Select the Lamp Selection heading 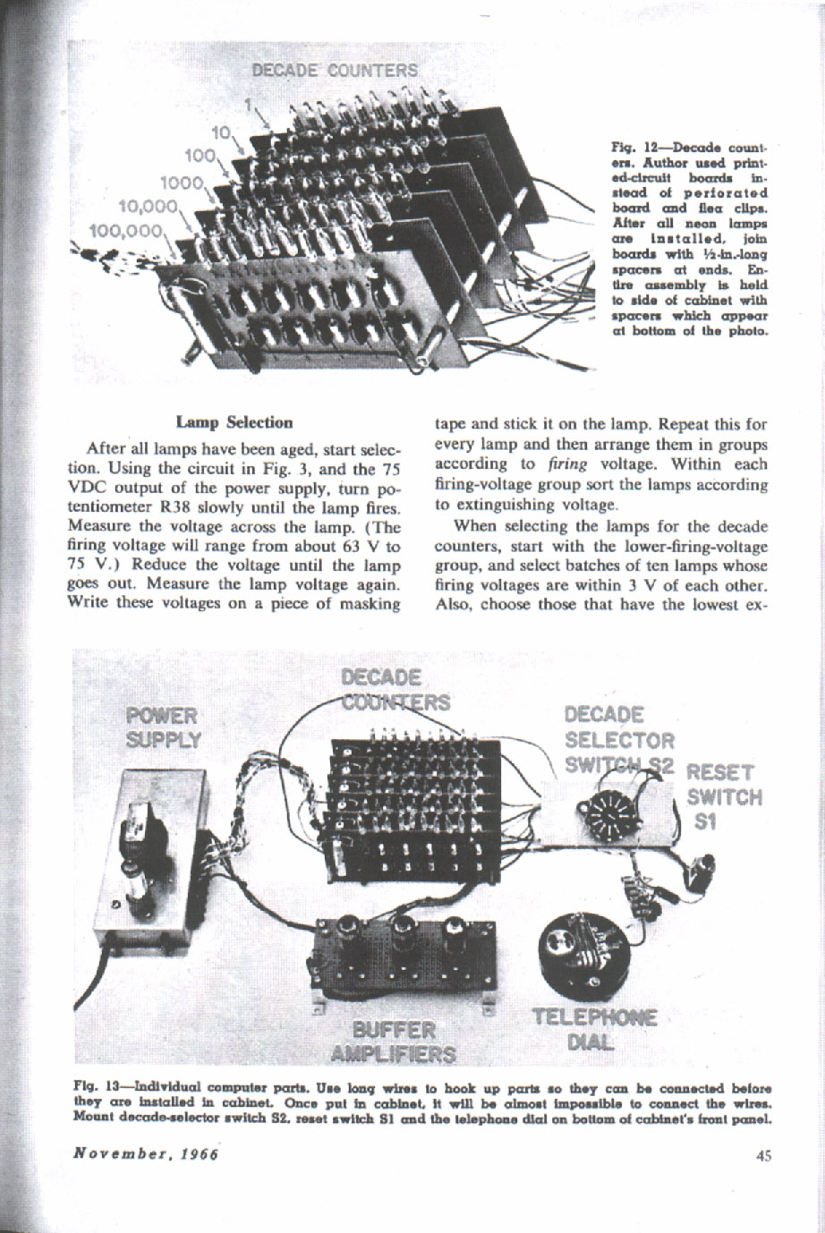coord(234,421)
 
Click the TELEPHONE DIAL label coord(594,1029)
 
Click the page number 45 coord(762,1155)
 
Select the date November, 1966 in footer coord(147,1153)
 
